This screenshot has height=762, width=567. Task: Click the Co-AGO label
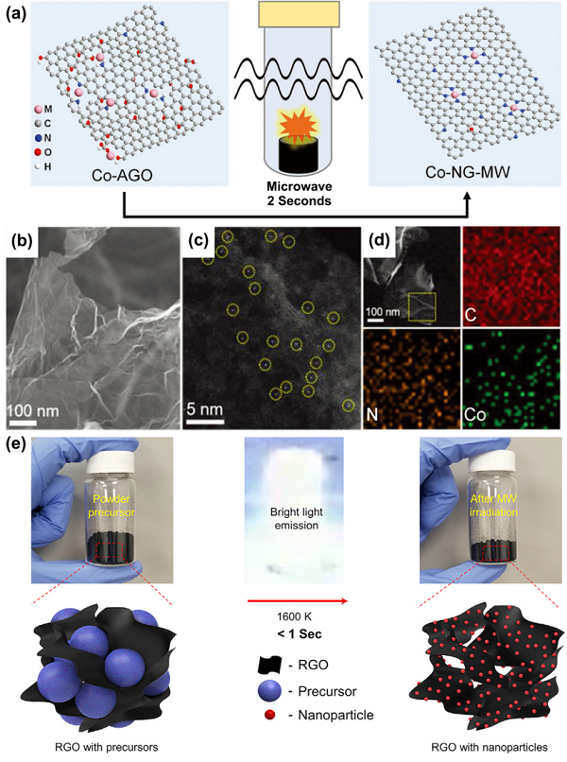[122, 175]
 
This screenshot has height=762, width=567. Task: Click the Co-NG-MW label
[468, 172]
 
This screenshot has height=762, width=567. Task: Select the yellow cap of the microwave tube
[299, 13]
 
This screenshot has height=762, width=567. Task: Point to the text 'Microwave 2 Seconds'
[300, 194]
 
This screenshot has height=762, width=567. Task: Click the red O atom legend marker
[38, 152]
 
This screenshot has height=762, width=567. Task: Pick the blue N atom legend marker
[38, 138]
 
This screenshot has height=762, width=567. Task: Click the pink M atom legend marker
[38, 110]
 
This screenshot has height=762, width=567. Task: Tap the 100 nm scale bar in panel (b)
[22, 423]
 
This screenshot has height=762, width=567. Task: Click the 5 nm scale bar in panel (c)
[204, 421]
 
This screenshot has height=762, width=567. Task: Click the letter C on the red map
[470, 316]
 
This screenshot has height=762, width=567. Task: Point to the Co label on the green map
[474, 415]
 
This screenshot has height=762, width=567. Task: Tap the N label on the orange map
[371, 415]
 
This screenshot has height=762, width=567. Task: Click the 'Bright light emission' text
[297, 518]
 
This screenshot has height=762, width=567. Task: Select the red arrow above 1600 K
[298, 601]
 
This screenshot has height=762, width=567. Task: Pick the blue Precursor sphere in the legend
[270, 691]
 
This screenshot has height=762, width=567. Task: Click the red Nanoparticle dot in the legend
[269, 715]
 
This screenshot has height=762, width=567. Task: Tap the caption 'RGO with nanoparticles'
[490, 748]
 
